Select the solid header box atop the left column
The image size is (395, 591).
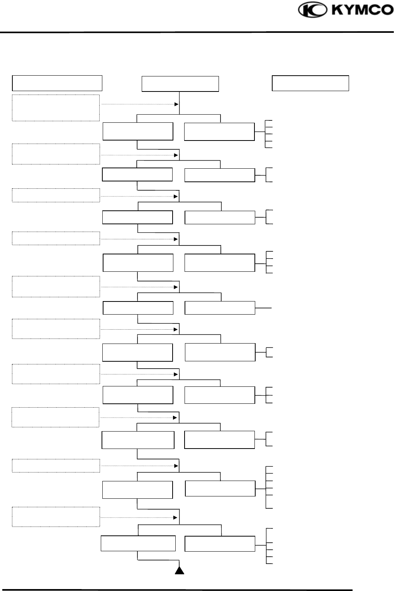coord(57,83)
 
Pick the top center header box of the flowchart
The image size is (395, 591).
coord(180,84)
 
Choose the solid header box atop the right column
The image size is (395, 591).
coord(310,83)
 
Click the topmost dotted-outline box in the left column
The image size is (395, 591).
coord(56,108)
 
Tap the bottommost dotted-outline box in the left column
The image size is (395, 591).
coord(56,517)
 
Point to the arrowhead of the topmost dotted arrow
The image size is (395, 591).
coord(176,104)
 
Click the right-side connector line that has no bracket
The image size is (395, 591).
coord(264,308)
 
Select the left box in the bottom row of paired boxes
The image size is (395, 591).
coord(138,544)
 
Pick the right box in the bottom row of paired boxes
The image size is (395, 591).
coord(220,544)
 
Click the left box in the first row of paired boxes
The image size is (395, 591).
coord(138,131)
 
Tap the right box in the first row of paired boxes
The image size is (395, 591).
coord(220,132)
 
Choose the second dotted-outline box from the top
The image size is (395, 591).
coord(56,154)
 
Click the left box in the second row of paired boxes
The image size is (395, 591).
coord(137,175)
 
